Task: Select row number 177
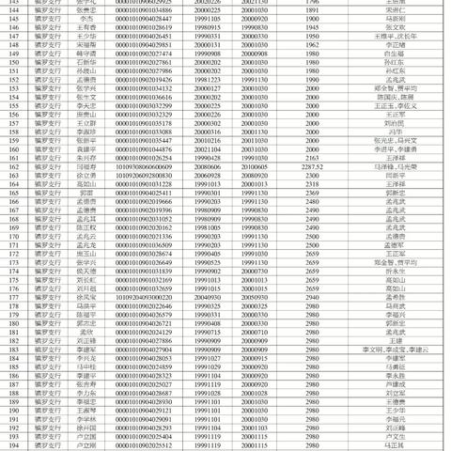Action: tap(11, 296)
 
